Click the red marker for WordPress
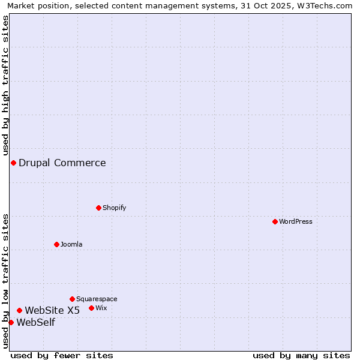[275, 222]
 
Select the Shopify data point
[99, 208]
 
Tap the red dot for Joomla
[57, 244]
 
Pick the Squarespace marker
[73, 299]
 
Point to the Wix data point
[92, 308]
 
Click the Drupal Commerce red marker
[13, 163]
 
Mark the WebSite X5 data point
[20, 310]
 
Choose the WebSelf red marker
[11, 322]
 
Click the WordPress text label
[296, 222]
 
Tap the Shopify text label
[114, 208]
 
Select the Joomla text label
[71, 245]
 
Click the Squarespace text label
[97, 299]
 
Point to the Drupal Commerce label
[62, 163]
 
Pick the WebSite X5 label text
[52, 310]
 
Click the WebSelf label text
[36, 323]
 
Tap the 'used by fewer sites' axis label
[62, 355]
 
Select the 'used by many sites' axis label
[301, 355]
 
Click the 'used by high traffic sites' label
[5, 85]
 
